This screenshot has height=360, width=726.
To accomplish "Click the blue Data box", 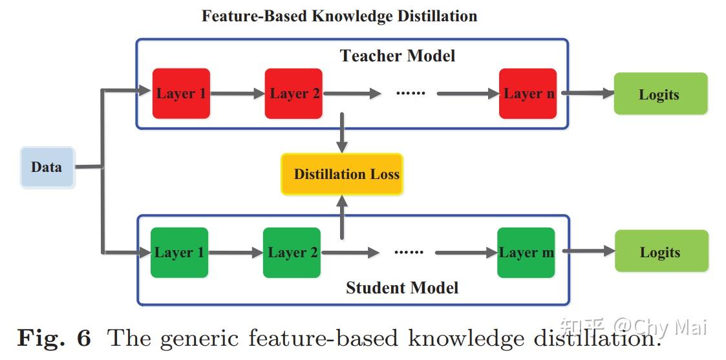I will (x=47, y=167).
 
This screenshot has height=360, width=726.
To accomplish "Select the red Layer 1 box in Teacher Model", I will (x=181, y=94).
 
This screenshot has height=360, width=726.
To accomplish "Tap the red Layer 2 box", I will (x=294, y=94).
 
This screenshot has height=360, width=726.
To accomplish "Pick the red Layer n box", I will (x=528, y=94).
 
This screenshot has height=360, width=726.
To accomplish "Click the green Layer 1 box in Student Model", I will (x=179, y=253).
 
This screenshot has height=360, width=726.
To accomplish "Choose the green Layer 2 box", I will (x=292, y=253).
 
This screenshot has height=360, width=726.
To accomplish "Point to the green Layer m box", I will (x=526, y=253).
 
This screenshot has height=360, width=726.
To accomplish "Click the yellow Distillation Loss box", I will (x=342, y=175).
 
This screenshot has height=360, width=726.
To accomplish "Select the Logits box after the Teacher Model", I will (x=660, y=94).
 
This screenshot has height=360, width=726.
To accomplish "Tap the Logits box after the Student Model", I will (x=661, y=252).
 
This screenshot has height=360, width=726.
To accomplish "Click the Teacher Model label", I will (x=398, y=56).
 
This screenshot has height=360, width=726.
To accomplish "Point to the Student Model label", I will (x=402, y=288).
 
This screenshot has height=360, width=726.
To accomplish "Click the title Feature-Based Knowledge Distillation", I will (x=339, y=16).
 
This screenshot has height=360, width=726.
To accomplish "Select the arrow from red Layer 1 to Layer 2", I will (x=237, y=94).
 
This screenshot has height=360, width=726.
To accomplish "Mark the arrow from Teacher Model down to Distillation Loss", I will (x=342, y=133).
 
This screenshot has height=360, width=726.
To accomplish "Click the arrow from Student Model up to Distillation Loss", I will (x=342, y=217).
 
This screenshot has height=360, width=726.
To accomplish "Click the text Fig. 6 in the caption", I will (x=54, y=338).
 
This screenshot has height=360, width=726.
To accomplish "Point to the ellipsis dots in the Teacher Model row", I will (x=411, y=94).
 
